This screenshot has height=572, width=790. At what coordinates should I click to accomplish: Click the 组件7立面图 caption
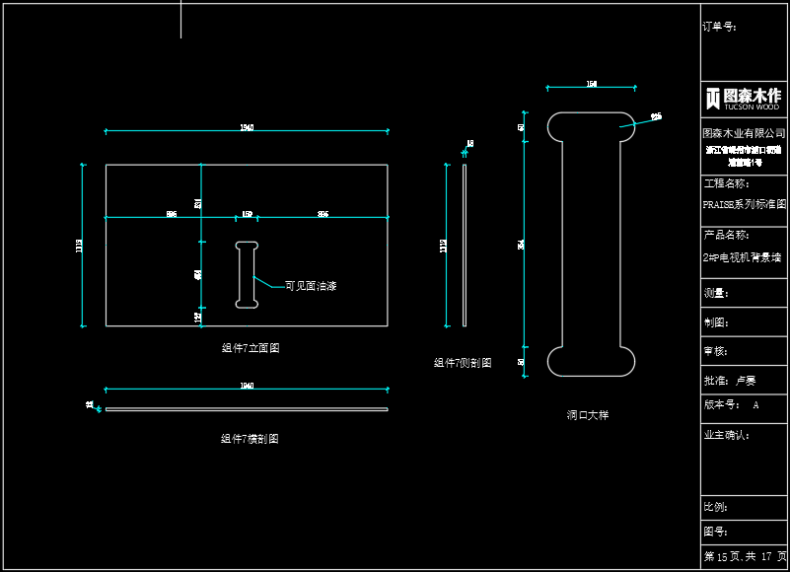pos(251,348)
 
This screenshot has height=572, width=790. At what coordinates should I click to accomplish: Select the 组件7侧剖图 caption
pos(463,363)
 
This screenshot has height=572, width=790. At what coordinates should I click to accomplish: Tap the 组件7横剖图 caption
pos(250,439)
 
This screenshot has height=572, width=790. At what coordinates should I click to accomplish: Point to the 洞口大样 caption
pos(588,415)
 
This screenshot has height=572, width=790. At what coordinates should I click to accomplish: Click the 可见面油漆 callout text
pos(311,286)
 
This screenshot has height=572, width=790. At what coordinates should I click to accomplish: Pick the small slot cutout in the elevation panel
pos(247,274)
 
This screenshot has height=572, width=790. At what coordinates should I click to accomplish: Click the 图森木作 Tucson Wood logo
pos(744,98)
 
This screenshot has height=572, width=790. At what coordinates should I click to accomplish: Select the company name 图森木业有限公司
pos(744,133)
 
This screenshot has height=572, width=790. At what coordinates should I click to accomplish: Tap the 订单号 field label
pos(719,28)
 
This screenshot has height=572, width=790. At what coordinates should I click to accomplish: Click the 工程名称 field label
pos(726,183)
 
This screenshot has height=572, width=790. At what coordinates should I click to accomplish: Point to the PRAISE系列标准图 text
pos(744,205)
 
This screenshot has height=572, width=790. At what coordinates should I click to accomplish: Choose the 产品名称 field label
pos(726,236)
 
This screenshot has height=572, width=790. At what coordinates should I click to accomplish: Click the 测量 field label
pos(715,293)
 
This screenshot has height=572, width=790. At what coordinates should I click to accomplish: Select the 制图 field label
pos(715,322)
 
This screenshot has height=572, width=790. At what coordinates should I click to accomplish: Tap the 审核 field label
pos(715,351)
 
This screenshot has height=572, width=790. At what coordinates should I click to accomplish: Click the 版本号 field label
pos(720,405)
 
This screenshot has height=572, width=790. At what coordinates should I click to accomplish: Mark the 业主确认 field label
pos(726,435)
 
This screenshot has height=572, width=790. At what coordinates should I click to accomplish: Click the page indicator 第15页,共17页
pos(745,557)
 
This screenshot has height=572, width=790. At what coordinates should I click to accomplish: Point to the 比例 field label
pos(715,507)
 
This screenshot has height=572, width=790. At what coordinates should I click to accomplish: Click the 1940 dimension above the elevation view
pos(247,128)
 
